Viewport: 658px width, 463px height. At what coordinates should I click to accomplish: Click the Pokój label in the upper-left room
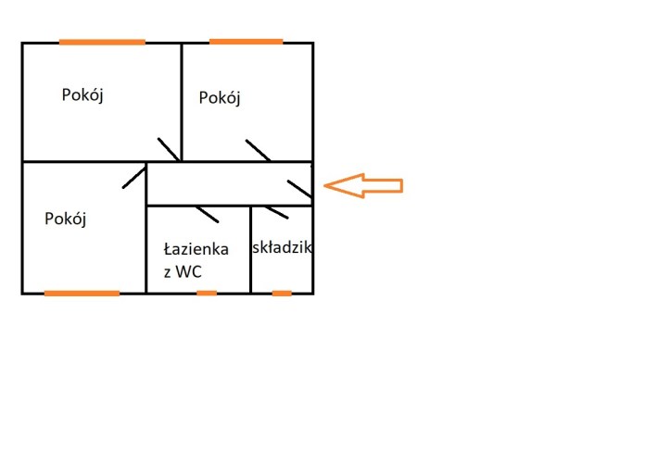[x=82, y=94]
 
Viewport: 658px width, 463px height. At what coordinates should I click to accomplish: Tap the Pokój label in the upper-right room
[x=220, y=97]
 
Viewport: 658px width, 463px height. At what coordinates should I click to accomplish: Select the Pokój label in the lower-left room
[x=65, y=219]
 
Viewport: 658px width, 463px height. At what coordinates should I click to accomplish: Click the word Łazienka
[x=196, y=249]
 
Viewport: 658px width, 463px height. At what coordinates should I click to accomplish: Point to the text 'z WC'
[x=183, y=271]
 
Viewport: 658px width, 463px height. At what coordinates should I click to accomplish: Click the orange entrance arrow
[x=363, y=185]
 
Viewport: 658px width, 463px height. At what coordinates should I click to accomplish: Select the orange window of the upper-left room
[x=102, y=42]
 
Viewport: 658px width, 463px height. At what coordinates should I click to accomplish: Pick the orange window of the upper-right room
[x=246, y=42]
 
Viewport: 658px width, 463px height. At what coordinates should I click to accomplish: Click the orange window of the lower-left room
[x=82, y=293]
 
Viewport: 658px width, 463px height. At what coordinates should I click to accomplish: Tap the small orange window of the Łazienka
[x=207, y=293]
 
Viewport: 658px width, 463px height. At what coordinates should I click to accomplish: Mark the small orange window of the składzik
[x=282, y=293]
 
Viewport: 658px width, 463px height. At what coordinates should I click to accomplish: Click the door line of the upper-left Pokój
[x=169, y=149]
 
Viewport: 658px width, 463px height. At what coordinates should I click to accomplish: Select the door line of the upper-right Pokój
[x=259, y=151]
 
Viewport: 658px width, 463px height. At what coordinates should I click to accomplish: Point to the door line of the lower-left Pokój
[x=135, y=177]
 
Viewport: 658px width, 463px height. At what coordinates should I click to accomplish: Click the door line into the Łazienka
[x=207, y=213]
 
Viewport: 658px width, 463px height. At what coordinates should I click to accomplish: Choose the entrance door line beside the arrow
[x=300, y=190]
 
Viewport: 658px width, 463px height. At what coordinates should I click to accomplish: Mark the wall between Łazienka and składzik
[x=251, y=250]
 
